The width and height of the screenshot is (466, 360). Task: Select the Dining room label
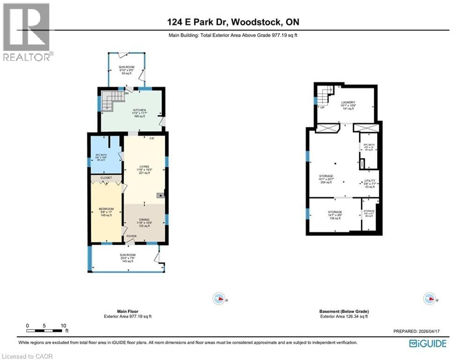[144, 223]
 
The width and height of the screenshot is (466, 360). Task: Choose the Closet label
[106, 178]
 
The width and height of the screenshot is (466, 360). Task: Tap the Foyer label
[132, 236]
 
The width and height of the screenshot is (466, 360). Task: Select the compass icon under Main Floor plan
[219, 298]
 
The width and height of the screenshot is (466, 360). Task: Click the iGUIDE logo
[427, 344]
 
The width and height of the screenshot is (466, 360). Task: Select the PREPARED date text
[417, 331]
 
